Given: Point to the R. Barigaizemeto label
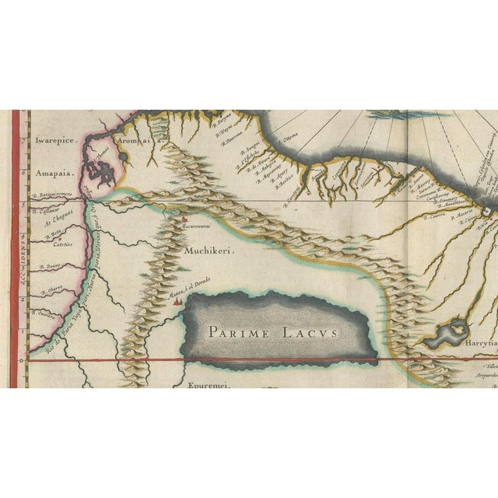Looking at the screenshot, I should point(53,195).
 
